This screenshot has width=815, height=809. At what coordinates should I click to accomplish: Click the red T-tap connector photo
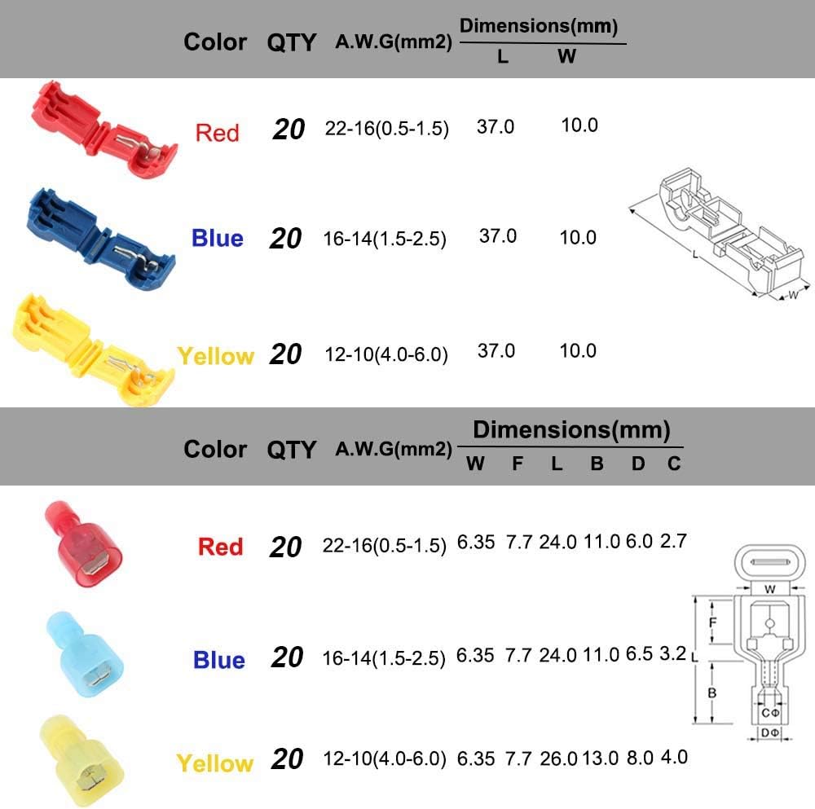point(104,130)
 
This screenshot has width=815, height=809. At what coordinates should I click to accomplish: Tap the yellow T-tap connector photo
point(94,350)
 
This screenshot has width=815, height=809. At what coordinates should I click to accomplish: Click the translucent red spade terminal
point(84,543)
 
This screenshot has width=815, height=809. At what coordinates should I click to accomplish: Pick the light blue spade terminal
point(86,653)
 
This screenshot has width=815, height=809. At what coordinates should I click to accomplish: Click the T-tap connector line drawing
point(720,236)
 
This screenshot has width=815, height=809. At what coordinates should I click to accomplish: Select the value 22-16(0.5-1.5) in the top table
point(386,129)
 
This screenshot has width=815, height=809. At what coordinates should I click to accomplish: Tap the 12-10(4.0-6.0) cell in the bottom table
point(385,759)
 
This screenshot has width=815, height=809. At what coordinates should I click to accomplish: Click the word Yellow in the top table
point(216,356)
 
